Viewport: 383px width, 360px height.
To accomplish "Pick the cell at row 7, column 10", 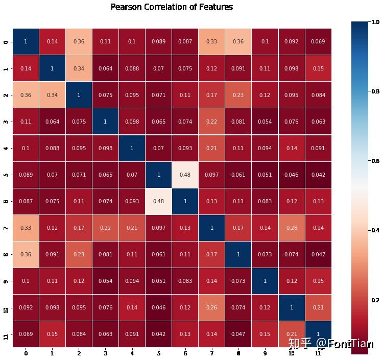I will point(292,227).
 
